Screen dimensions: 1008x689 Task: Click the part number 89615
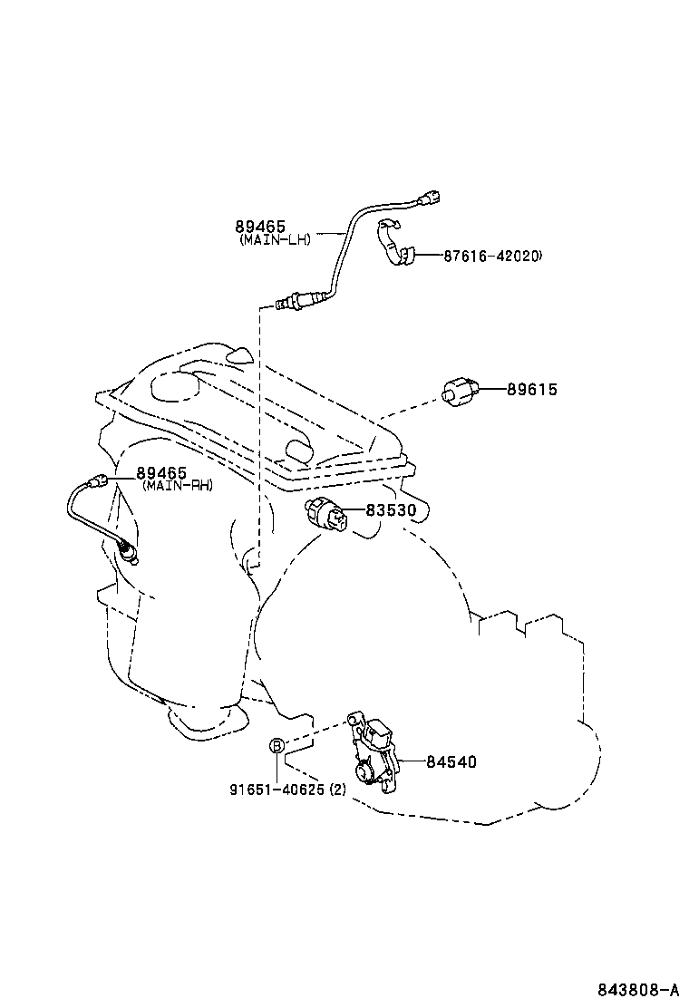pos(531,390)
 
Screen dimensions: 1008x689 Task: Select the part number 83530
pos(391,511)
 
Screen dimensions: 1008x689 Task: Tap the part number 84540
pos(451,762)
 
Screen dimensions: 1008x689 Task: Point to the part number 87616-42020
pos(492,257)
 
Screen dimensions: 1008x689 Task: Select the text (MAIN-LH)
pos(276,240)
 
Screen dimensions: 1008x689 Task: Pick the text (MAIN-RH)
pos(177,486)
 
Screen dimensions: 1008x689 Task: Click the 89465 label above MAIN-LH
pos(260,227)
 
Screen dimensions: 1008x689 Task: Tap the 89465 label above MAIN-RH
pos(161,472)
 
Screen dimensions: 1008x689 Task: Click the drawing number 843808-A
pos(638,988)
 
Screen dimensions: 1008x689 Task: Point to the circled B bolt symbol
pos(277,745)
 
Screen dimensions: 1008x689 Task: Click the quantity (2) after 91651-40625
pos(336,789)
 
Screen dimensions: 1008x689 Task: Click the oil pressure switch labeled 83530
pos(327,514)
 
